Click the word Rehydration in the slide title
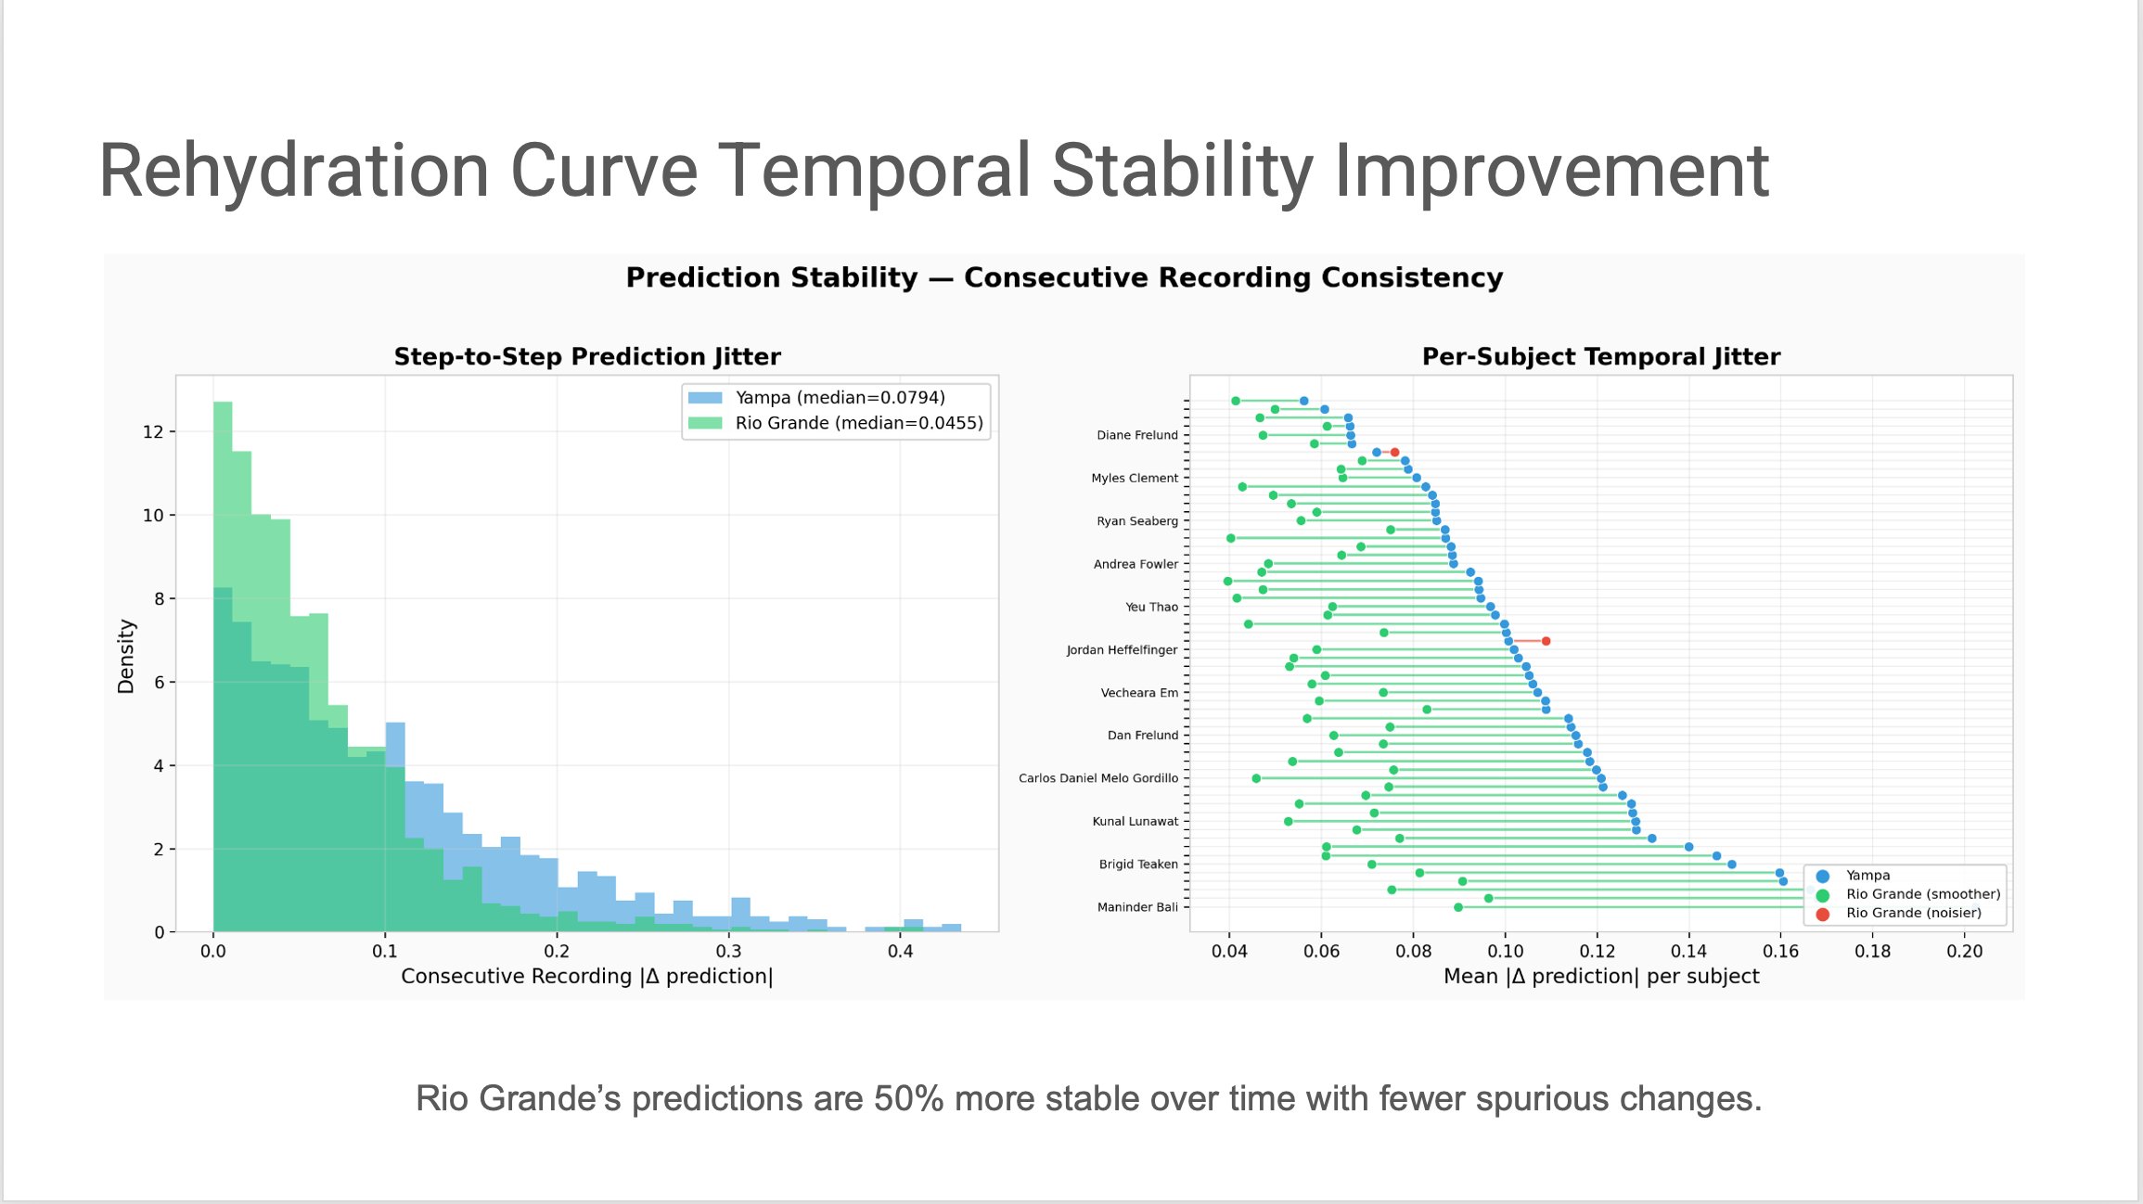[x=293, y=171]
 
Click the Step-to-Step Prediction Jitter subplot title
[x=587, y=357]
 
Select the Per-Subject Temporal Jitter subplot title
[x=1600, y=357]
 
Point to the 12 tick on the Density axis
[x=153, y=432]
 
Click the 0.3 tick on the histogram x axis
[x=728, y=952]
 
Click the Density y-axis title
[x=126, y=656]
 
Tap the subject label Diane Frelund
[x=1136, y=435]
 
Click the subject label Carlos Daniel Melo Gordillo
[x=1098, y=778]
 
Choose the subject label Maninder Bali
[x=1137, y=907]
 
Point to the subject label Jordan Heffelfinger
[x=1122, y=650]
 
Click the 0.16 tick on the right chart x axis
[x=1779, y=952]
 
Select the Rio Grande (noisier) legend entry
[x=1913, y=914]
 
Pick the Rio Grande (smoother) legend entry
[x=1922, y=894]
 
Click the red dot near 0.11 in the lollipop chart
[x=1546, y=641]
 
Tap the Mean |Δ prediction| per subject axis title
[x=1600, y=977]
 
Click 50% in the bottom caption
[x=909, y=1099]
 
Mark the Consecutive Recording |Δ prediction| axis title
[x=586, y=977]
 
